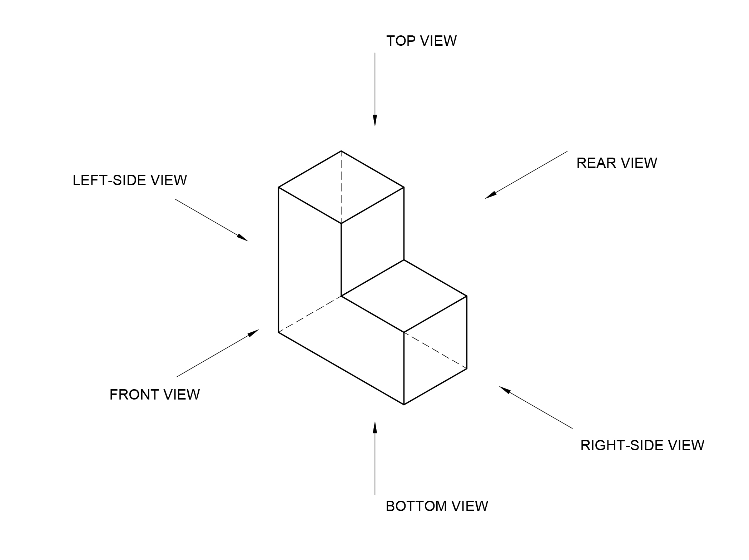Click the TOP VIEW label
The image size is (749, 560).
[421, 41]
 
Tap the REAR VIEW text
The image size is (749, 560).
[616, 163]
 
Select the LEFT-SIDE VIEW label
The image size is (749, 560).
[130, 180]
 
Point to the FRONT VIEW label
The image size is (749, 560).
[154, 395]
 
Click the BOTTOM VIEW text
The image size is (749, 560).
[437, 506]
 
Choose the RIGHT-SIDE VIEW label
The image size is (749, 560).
[642, 446]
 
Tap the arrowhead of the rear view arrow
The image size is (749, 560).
[491, 195]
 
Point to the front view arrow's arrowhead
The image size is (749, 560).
[253, 333]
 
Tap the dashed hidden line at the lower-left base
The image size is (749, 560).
[310, 314]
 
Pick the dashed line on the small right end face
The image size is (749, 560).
[435, 350]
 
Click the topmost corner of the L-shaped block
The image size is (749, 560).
[341, 151]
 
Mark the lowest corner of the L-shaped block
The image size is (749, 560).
[404, 405]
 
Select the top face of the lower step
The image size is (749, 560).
[404, 296]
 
